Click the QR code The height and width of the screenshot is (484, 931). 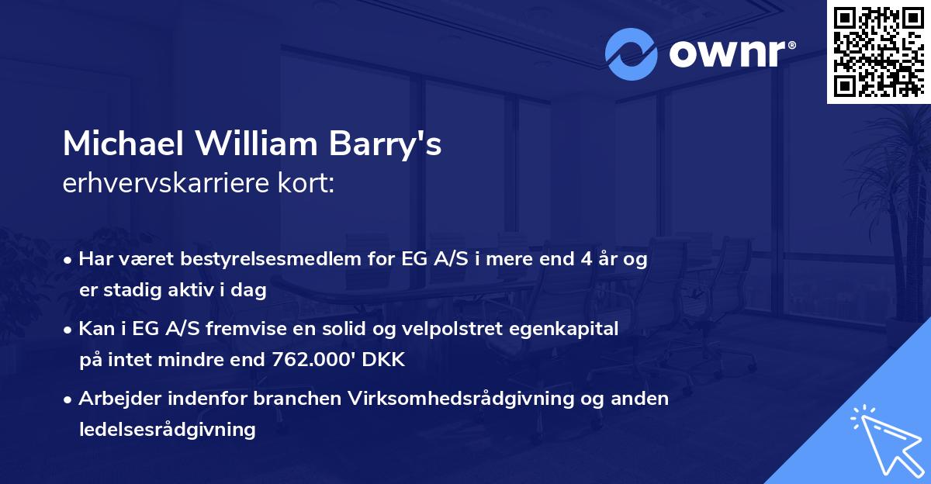pos(878,51)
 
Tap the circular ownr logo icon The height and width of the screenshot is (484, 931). pos(631,54)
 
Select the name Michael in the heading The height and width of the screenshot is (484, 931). pos(124,144)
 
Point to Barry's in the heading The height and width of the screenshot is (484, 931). pos(396,144)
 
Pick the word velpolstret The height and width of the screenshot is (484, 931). pos(451,328)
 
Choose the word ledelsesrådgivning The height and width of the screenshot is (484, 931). pos(167,430)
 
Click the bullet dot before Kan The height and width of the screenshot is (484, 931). pos(69,329)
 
